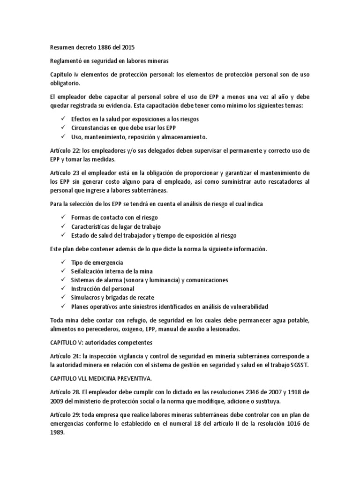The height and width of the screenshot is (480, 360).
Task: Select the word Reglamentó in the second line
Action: coord(66,61)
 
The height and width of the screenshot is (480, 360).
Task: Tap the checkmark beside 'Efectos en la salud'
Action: coord(63,119)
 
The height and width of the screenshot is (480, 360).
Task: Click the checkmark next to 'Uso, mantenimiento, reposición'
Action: coord(63,137)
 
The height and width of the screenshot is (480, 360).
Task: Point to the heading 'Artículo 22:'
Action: coord(65,150)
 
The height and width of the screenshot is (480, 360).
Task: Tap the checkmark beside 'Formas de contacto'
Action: coord(63,217)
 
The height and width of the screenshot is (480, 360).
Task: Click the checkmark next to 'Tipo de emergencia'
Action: coord(63,262)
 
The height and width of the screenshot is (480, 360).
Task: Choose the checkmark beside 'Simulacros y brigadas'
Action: coord(63,298)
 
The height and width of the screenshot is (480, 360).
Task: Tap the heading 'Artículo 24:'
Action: coord(65,356)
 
